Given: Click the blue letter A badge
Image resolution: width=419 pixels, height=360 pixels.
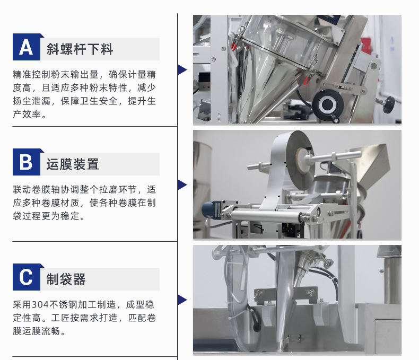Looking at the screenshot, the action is click(27, 47).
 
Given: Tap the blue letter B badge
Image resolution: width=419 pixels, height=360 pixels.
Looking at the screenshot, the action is click(27, 162).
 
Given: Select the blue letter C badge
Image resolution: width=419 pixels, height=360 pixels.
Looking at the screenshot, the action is click(27, 277).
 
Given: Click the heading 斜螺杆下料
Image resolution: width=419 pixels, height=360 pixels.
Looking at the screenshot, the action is click(80, 49).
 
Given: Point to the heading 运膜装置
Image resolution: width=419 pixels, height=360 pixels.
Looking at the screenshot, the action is click(73, 164).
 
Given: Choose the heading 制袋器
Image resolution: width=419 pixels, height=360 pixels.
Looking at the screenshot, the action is click(66, 279).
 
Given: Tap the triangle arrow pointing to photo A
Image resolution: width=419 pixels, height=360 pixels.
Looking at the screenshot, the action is click(182, 69).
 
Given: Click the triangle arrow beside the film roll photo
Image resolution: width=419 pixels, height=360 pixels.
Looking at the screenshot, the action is click(182, 185).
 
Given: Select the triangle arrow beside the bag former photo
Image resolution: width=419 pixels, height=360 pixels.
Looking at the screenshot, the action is click(182, 300).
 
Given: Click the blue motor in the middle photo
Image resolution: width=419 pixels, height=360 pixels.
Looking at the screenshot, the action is click(211, 210).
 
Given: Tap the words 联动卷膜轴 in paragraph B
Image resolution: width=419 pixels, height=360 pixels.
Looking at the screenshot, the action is click(37, 189).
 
